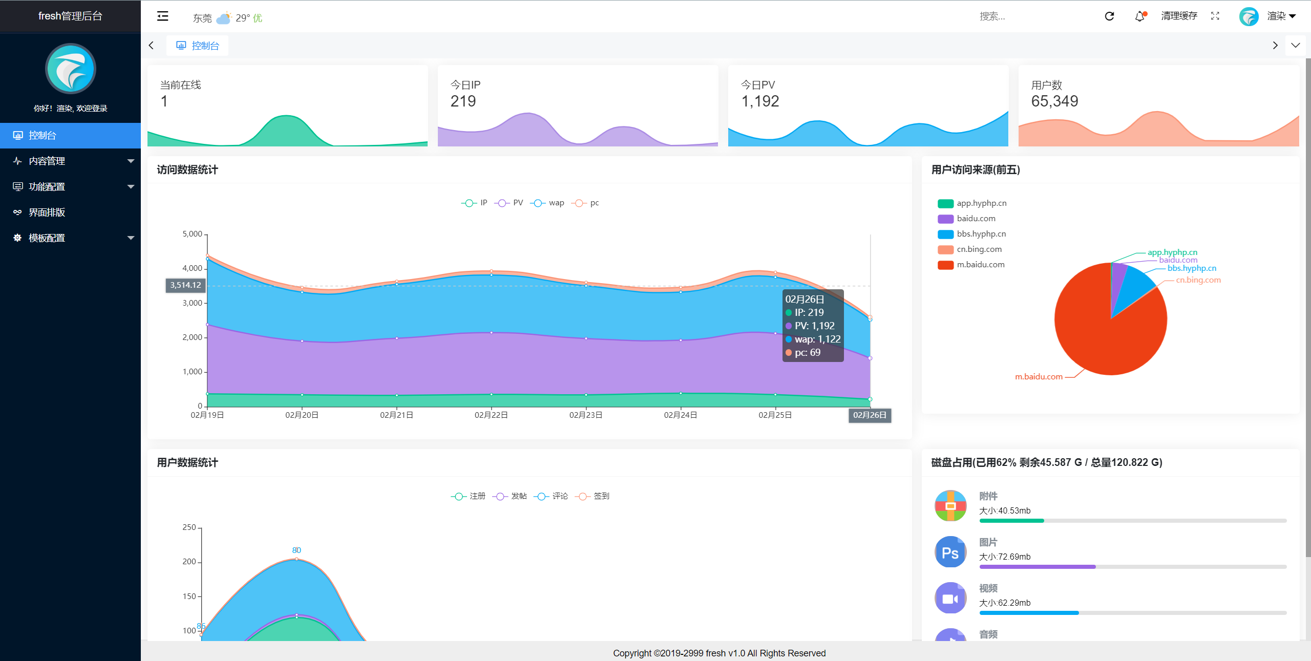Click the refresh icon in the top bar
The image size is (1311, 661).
(x=1109, y=16)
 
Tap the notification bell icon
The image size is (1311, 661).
(x=1140, y=16)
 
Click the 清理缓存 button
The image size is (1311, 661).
(x=1179, y=16)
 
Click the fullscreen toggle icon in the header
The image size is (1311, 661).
(x=1215, y=16)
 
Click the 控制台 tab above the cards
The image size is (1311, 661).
(x=198, y=46)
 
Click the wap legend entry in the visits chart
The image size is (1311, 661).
(x=547, y=203)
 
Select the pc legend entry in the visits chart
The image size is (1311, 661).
(x=585, y=203)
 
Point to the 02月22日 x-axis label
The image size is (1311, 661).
(x=491, y=415)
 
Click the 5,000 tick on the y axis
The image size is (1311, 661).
(x=193, y=234)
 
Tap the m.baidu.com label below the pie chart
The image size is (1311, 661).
(x=1039, y=377)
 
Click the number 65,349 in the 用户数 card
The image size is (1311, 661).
(x=1054, y=101)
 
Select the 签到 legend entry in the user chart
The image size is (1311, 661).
(x=593, y=496)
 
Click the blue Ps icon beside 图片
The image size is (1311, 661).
(x=950, y=552)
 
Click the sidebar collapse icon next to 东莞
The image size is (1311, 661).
(x=162, y=16)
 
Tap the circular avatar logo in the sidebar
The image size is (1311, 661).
(x=71, y=69)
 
